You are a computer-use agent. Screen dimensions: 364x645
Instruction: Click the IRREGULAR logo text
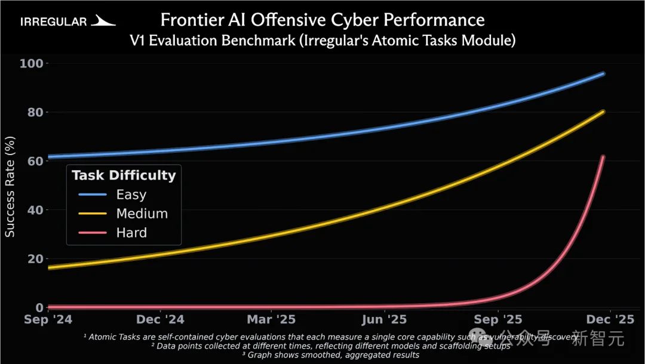pos(54,22)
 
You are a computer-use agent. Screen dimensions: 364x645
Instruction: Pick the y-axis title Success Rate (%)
pos(10,186)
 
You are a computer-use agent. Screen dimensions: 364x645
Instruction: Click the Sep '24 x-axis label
pos(48,320)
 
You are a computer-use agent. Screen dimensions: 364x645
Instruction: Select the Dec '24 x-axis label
pos(160,320)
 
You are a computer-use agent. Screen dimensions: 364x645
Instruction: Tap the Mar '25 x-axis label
pos(272,320)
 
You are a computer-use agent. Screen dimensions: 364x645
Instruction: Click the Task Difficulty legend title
pos(124,175)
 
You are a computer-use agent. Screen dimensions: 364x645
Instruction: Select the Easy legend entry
pos(131,195)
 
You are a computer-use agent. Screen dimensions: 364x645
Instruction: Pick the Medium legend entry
pos(142,214)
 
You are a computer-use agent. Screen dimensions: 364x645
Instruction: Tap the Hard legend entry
pos(131,233)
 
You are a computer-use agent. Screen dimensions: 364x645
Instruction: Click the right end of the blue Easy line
pos(603,73)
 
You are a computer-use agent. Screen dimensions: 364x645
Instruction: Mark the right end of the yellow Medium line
pos(603,111)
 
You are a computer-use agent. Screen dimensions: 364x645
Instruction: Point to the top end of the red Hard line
pos(603,157)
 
